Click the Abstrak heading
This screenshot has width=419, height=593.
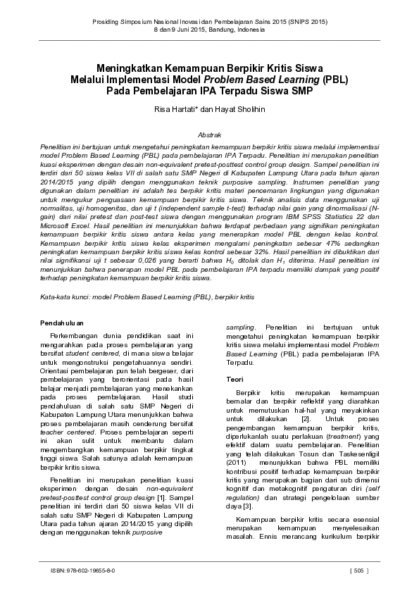coord(209,134)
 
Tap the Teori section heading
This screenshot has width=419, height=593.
coord(234,380)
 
